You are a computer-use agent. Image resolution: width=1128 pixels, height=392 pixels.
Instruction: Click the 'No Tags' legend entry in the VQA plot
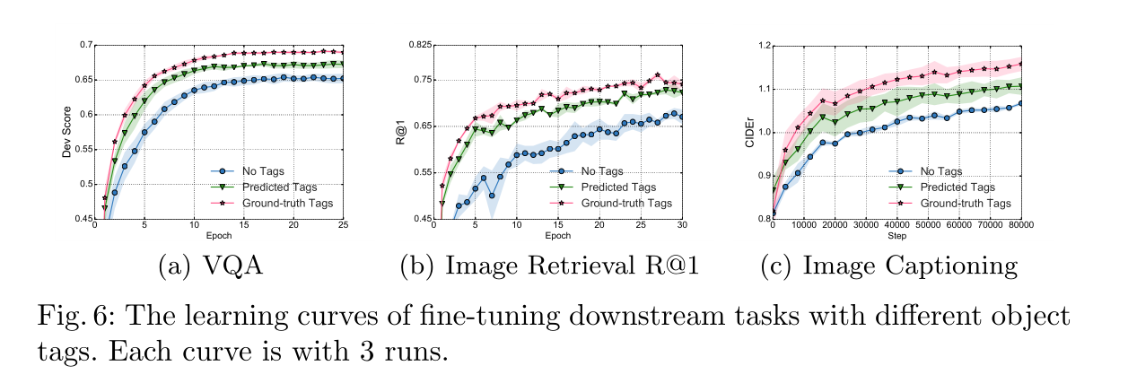(259, 170)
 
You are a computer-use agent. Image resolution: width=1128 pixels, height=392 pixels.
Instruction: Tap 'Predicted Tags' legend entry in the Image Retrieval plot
(618, 187)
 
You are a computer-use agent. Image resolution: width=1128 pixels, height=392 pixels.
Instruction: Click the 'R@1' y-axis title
(405, 132)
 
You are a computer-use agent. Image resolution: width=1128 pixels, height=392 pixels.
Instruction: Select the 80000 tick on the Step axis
(1021, 227)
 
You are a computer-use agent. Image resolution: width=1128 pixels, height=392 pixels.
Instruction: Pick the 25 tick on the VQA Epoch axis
(343, 227)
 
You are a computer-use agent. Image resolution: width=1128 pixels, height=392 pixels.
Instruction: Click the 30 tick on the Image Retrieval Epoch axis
(682, 227)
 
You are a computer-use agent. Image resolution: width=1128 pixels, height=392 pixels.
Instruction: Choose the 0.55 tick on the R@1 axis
(420, 172)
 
